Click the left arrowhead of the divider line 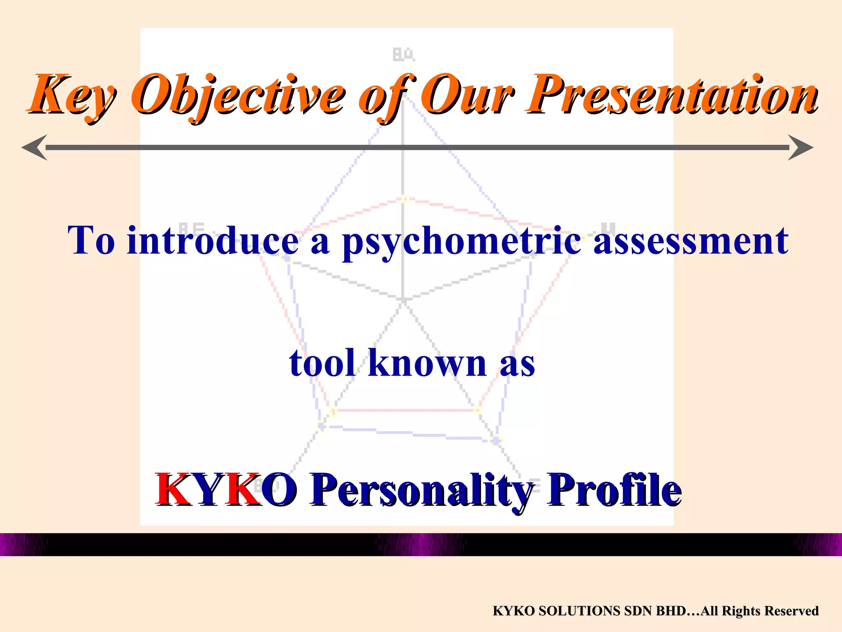pos(35,147)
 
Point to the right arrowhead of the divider pos(801,147)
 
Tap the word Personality pos(421,490)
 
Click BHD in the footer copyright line pos(670,611)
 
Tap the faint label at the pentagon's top pos(403,55)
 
